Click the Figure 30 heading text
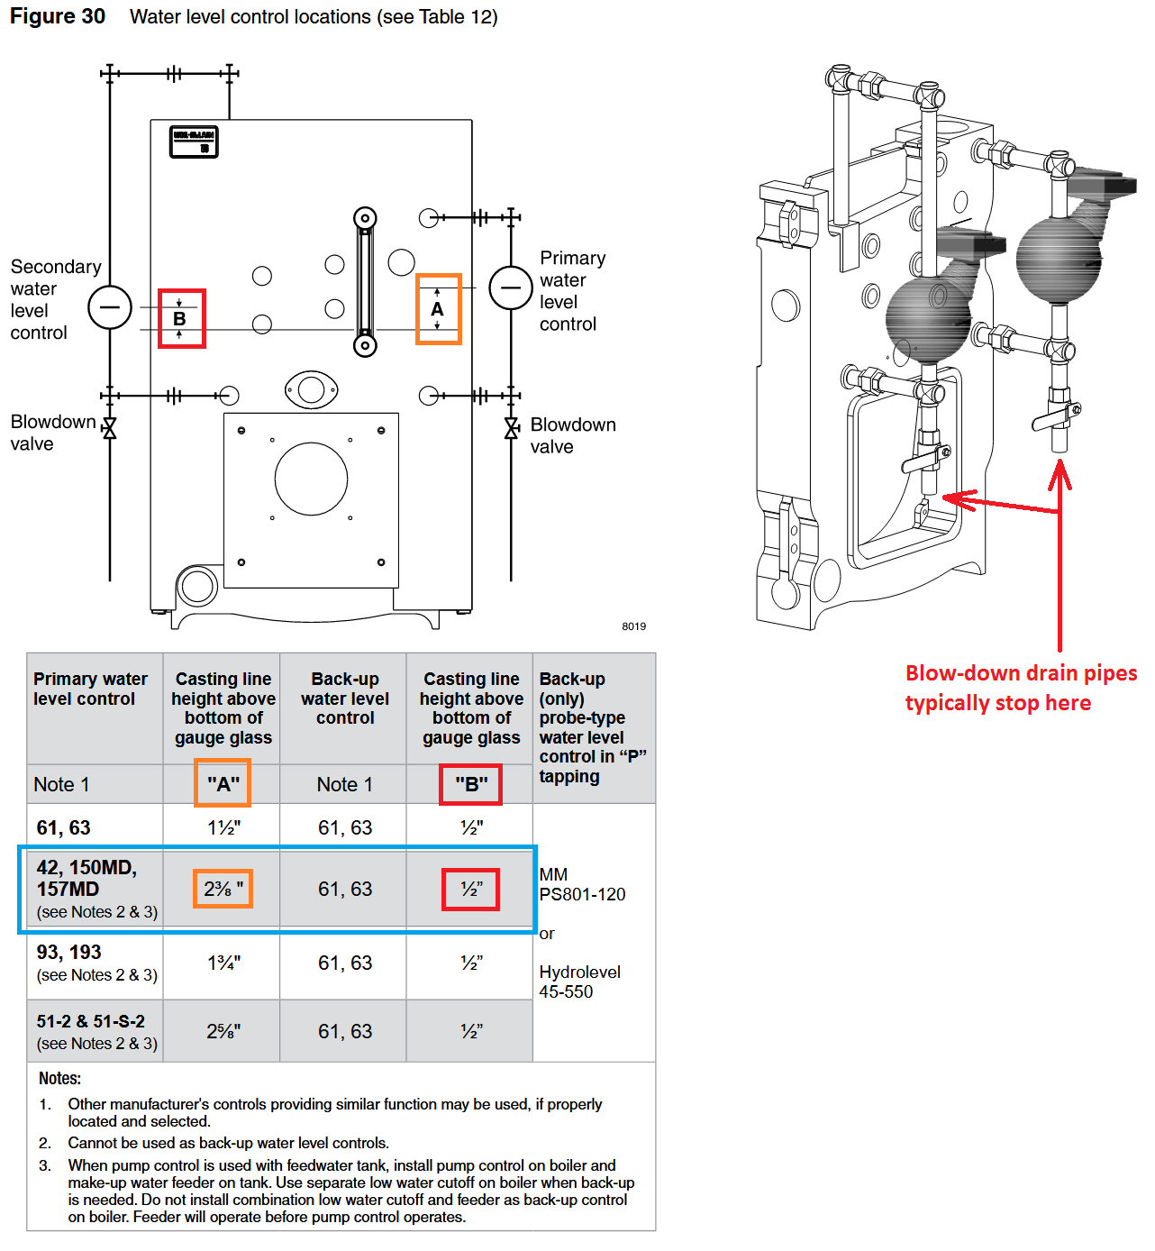tap(58, 16)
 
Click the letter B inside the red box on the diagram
tap(179, 319)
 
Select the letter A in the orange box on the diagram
tap(438, 309)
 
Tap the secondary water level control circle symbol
tap(110, 307)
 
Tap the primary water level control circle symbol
tap(511, 288)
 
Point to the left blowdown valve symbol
tap(110, 428)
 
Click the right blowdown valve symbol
tap(512, 428)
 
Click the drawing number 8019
tap(633, 626)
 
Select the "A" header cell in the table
tap(223, 784)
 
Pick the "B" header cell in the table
tap(471, 784)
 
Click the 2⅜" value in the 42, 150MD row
tap(223, 890)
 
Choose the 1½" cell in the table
tap(223, 827)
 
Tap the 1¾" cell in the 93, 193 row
tap(224, 963)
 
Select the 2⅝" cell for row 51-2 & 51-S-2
tap(223, 1031)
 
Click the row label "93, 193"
tap(69, 952)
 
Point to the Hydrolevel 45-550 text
tap(579, 982)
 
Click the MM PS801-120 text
tap(581, 884)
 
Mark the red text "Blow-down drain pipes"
tap(1021, 673)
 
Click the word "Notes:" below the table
tap(59, 1078)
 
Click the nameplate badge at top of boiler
tap(194, 142)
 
